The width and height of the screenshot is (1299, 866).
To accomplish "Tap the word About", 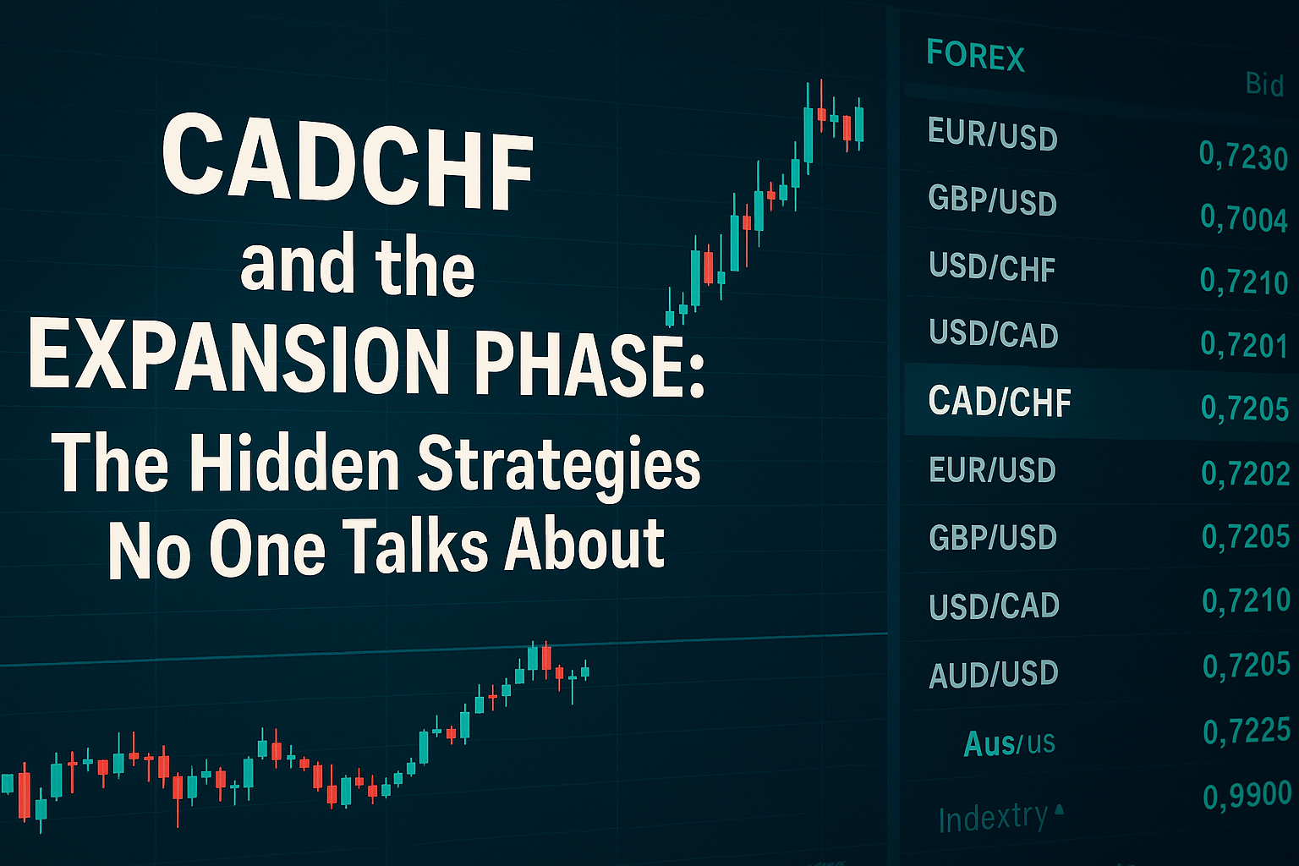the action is [584, 545].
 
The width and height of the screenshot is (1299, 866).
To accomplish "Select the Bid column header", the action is [1264, 86].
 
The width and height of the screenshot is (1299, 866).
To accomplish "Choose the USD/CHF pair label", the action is [992, 267].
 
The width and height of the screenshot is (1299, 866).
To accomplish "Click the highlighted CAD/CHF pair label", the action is [999, 401].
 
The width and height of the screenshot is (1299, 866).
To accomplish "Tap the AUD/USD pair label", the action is [994, 673].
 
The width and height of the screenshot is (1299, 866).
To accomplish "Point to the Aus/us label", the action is [1009, 743].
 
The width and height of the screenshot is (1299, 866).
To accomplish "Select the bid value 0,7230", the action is [1243, 156].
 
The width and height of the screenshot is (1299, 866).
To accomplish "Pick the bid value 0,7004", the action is [1244, 219].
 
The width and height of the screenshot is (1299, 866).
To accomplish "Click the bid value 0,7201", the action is [1244, 344].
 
